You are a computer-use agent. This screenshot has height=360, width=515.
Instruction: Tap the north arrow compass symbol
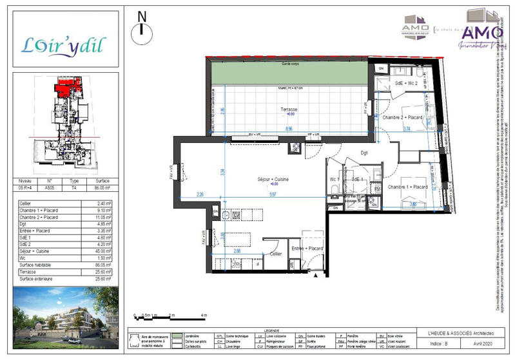142,28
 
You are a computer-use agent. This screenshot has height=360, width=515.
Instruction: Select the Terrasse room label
289,110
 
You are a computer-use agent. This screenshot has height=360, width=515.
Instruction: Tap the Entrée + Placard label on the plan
307,248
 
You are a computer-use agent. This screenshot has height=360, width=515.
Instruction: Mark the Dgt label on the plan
364,153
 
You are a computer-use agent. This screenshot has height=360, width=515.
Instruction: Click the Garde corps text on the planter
291,64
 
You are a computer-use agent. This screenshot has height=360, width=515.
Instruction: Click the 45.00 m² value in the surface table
104,252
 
